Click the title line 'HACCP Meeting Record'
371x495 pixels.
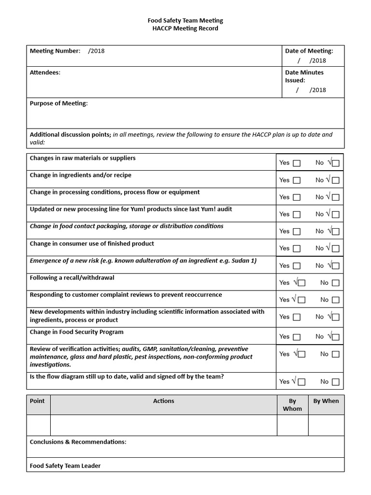point(185,29)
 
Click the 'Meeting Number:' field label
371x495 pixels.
point(55,51)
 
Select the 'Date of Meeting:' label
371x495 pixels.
point(309,51)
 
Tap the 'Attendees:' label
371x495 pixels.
point(45,73)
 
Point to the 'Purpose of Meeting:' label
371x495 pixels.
point(59,103)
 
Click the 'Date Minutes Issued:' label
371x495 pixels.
point(304,76)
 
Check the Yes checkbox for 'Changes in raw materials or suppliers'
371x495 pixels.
point(297,163)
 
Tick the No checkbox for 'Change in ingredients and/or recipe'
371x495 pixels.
point(335,180)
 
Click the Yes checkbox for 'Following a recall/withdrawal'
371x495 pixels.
point(301,283)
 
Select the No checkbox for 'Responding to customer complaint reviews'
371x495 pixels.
point(335,300)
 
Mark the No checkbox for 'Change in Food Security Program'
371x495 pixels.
point(335,337)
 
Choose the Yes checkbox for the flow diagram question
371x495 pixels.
point(301,382)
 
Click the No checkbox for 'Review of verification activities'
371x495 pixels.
point(335,354)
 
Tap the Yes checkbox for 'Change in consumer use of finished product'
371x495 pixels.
point(297,248)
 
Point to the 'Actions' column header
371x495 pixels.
point(163,401)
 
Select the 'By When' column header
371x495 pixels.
point(326,401)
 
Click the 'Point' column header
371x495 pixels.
point(37,401)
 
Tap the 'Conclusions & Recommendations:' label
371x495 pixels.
point(78,442)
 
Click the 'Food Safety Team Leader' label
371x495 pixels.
point(65,466)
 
